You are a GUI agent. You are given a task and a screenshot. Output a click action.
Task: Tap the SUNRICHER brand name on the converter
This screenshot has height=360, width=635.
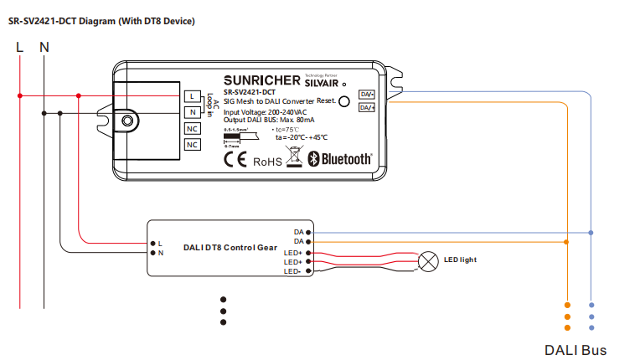tap(262, 80)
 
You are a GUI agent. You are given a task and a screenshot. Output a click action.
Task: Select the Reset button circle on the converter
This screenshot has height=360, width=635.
tap(343, 101)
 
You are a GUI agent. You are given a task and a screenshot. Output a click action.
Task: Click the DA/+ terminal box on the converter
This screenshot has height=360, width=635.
tap(367, 107)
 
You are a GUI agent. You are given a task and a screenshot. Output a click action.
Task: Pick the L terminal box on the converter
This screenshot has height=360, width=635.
tap(193, 96)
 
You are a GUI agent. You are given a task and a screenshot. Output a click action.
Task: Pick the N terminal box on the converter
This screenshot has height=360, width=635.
tap(193, 112)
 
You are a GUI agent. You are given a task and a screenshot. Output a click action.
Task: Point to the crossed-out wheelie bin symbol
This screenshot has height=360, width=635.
tap(293, 155)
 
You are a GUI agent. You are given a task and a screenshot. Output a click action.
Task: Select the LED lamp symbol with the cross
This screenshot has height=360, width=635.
tap(428, 260)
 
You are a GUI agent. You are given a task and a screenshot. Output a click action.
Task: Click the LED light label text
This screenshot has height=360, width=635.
tap(460, 260)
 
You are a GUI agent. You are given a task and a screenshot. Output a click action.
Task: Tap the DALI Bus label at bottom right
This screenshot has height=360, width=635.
tap(576, 349)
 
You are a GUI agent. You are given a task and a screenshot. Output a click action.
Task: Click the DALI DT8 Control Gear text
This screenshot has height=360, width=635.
tap(230, 248)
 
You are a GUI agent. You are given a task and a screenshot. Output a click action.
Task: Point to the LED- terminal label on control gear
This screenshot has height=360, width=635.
tap(292, 271)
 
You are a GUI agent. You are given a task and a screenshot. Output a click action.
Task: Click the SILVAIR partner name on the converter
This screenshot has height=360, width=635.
tap(321, 82)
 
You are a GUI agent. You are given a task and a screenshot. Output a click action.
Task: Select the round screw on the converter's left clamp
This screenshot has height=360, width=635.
tap(126, 121)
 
